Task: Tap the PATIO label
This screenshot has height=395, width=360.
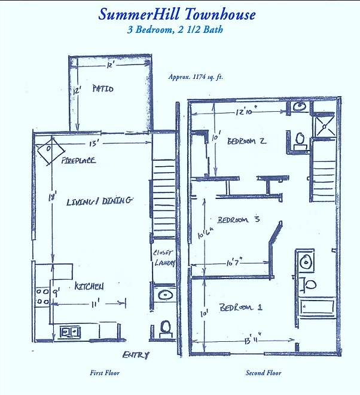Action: [x=103, y=89]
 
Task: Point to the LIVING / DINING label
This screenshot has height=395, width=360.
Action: [x=99, y=201]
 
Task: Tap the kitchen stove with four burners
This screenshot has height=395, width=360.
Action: [x=42, y=296]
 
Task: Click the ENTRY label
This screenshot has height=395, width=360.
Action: [x=135, y=356]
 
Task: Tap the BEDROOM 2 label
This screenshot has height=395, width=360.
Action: [x=246, y=141]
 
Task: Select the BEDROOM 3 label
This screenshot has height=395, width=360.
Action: [x=238, y=220]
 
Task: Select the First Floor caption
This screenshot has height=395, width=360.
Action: [x=104, y=373]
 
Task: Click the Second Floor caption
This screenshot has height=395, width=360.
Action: [x=263, y=373]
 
